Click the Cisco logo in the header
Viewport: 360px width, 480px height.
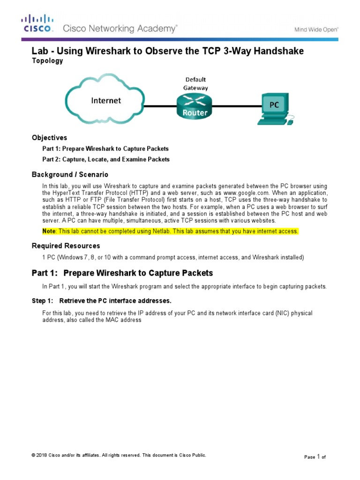[37, 23]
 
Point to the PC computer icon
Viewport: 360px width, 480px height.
[275, 109]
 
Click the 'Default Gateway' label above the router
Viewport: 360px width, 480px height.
[195, 83]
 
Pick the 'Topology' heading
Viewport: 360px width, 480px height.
[47, 61]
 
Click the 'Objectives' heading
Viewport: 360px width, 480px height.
[49, 138]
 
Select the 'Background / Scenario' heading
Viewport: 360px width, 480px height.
[70, 174]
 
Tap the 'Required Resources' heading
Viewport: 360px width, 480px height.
[66, 246]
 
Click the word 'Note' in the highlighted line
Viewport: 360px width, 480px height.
[49, 232]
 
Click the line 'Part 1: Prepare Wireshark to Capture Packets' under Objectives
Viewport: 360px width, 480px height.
[105, 149]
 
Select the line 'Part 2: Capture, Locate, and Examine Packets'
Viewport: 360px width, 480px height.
[106, 159]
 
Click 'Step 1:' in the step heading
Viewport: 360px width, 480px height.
[43, 300]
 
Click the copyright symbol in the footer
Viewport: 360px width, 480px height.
[33, 455]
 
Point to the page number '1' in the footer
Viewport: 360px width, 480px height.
[318, 456]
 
